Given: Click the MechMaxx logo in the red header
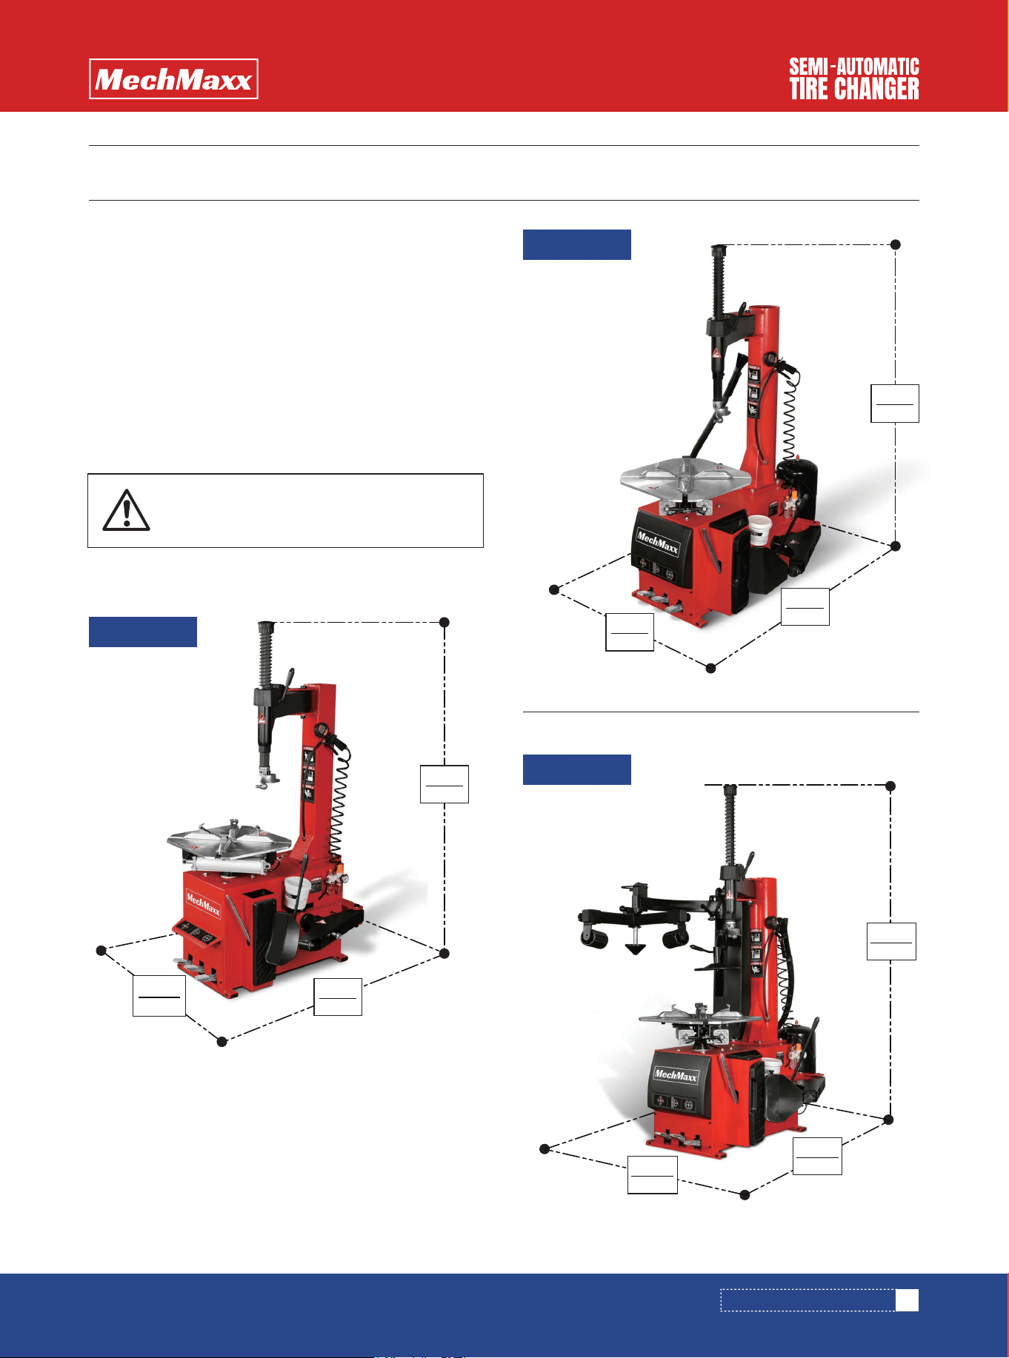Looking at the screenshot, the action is point(173,78).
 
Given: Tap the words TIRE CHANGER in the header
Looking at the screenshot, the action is point(854,89).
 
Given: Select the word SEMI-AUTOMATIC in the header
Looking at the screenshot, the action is point(854,67).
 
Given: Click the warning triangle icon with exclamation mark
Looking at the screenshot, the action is point(127,510).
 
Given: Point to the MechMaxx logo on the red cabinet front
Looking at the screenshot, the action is point(203,904).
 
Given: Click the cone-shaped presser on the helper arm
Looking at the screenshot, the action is point(635,949).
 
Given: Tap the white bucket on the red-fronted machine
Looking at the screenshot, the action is point(297,894).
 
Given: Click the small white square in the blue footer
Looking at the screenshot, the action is point(908,1300).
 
